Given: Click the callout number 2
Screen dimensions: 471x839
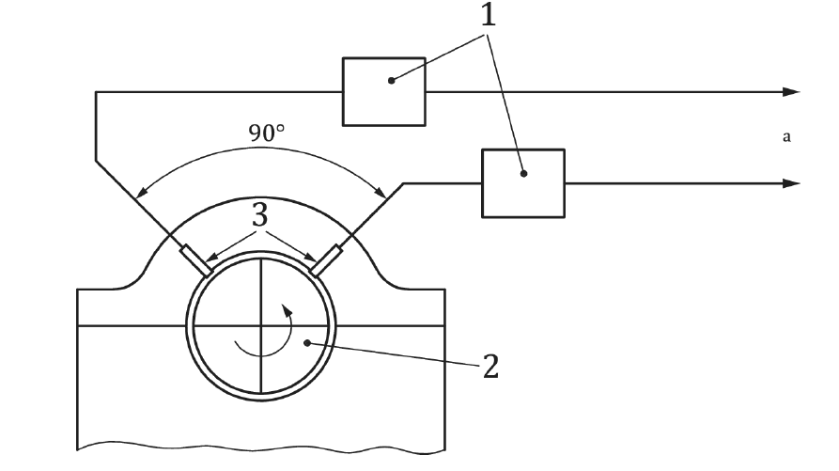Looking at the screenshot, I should click(x=489, y=365).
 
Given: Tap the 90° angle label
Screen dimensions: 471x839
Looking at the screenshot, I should click(x=267, y=133).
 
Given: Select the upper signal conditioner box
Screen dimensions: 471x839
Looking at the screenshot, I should click(x=383, y=91).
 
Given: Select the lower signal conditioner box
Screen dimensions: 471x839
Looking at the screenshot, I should click(x=523, y=182).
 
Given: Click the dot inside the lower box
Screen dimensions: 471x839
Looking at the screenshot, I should click(x=525, y=172).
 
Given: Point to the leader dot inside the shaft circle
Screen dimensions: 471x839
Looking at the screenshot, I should click(x=307, y=343).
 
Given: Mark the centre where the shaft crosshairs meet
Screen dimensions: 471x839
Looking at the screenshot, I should click(x=260, y=326).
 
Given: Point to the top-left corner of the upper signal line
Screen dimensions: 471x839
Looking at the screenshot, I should click(x=96, y=92).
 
